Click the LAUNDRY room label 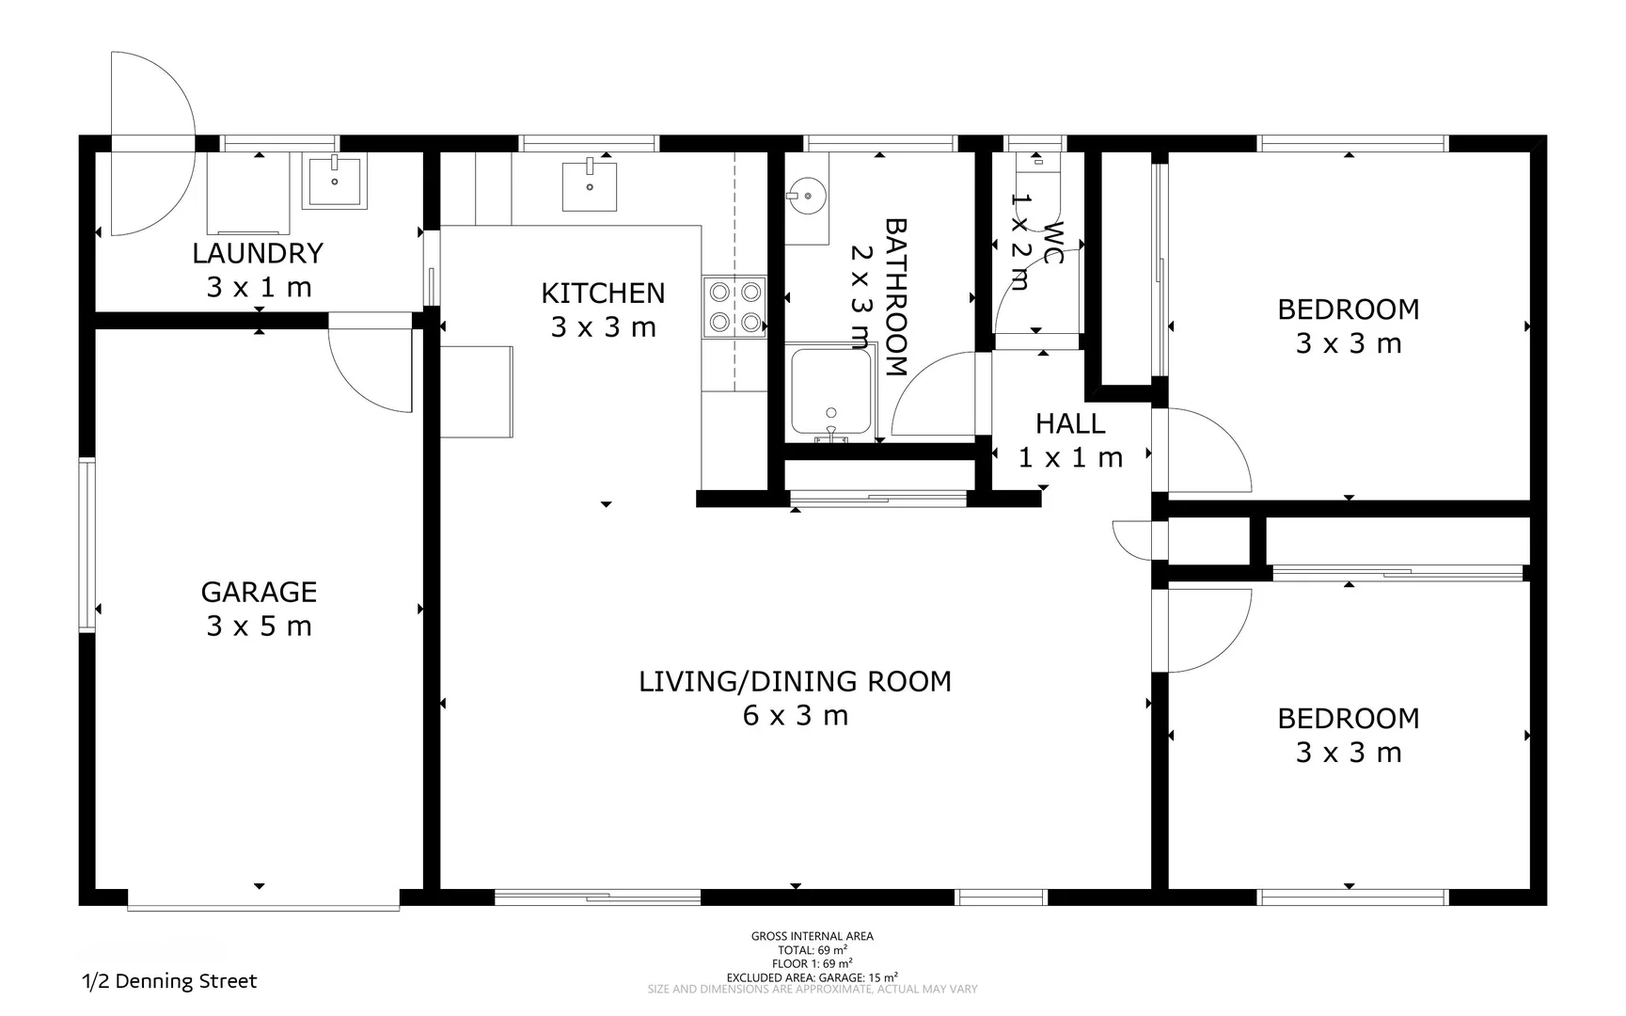tap(258, 253)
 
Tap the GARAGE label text tap(259, 592)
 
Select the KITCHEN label tap(603, 294)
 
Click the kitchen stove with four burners tap(734, 307)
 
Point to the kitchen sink tap(590, 185)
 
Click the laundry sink tap(334, 181)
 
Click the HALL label tap(1070, 424)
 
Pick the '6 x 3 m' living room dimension tap(796, 716)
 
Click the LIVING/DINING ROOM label tap(795, 681)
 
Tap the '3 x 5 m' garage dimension tap(259, 627)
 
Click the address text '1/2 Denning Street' tap(169, 981)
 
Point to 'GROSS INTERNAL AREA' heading tap(813, 936)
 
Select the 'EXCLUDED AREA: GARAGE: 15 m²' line tap(813, 977)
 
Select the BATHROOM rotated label tap(895, 297)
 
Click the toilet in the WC tap(1036, 161)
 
